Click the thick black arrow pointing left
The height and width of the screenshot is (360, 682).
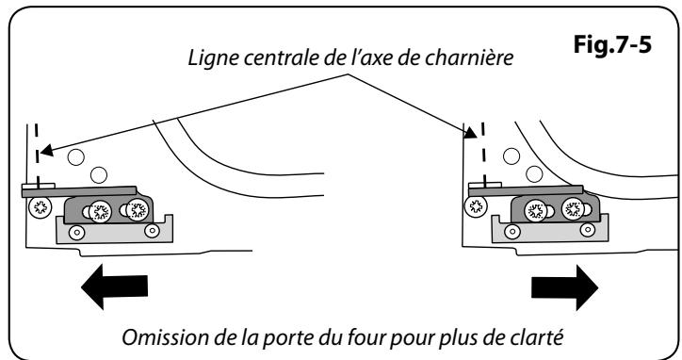click(114, 284)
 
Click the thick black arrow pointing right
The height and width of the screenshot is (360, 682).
click(561, 284)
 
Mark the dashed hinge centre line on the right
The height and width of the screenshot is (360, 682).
click(479, 141)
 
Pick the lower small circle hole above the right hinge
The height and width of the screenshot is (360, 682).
click(533, 172)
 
